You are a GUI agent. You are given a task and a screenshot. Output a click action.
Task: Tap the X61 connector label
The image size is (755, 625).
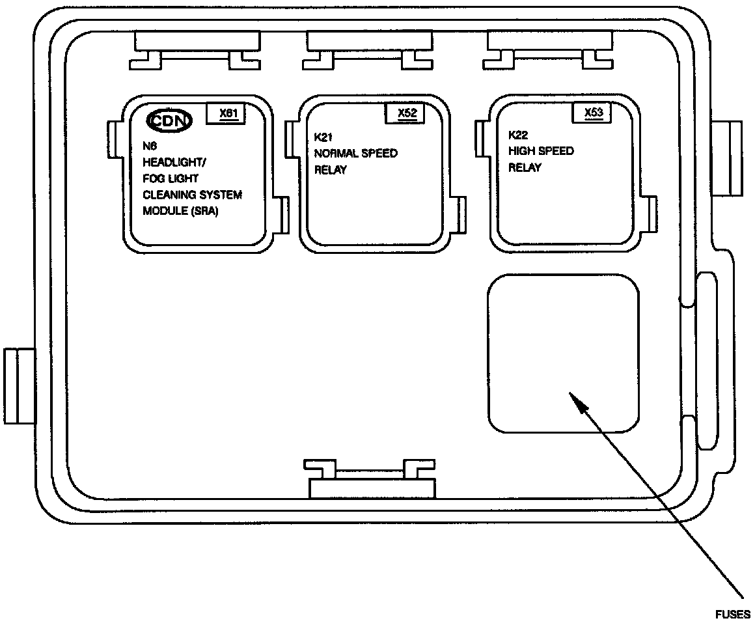click(227, 113)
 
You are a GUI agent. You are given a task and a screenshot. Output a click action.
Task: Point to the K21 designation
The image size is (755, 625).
click(323, 137)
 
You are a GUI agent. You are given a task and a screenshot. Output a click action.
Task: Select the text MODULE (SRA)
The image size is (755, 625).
click(180, 212)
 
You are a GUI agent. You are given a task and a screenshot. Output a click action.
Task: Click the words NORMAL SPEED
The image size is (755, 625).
click(355, 154)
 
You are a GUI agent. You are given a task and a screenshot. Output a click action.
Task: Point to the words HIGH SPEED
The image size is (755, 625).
click(541, 151)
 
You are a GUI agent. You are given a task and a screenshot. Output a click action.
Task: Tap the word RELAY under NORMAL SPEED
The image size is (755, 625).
click(330, 170)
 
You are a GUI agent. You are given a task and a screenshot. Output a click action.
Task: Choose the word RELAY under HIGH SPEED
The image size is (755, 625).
click(525, 168)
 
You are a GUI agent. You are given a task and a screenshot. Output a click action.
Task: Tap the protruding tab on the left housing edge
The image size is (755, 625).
click(19, 386)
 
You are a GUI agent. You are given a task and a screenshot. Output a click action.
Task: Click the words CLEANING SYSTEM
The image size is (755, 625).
click(192, 195)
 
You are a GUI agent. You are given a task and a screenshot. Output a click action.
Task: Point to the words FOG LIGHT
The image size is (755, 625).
click(171, 178)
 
